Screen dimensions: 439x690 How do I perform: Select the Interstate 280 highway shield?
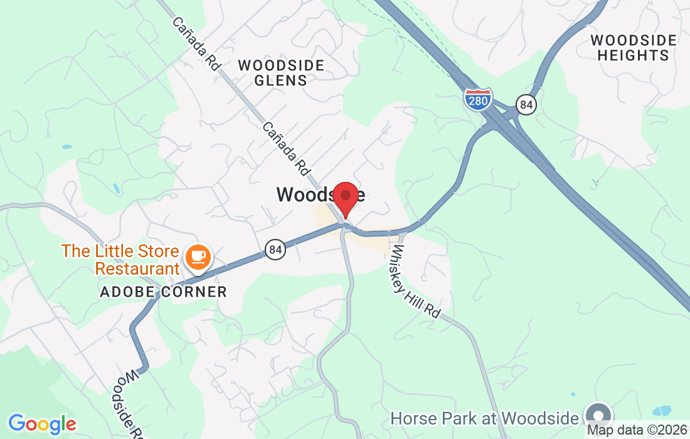click(x=478, y=99)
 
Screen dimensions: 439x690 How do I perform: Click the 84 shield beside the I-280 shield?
click(x=526, y=105)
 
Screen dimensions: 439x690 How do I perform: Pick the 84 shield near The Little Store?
click(x=275, y=250)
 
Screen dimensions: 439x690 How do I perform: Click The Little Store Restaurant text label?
click(x=120, y=260)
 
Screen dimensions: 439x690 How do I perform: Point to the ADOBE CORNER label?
click(x=163, y=292)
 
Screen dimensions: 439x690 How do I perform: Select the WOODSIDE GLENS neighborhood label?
click(x=281, y=73)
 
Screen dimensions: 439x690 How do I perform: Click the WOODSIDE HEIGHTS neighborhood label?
click(x=634, y=48)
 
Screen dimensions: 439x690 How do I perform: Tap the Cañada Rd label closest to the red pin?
click(x=287, y=148)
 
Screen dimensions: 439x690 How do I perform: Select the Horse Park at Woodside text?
click(x=484, y=418)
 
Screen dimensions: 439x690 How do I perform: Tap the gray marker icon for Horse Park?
click(x=598, y=415)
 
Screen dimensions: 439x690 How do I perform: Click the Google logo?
click(x=41, y=424)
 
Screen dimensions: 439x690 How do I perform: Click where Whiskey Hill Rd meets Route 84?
click(x=400, y=231)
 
